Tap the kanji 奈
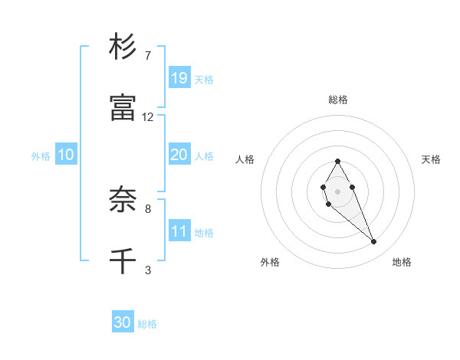[x=123, y=201]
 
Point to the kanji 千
[x=123, y=261]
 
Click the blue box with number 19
[x=179, y=77]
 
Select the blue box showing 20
[x=179, y=155]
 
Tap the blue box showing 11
[x=179, y=231]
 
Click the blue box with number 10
[x=66, y=155]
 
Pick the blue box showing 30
[x=123, y=322]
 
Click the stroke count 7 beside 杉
[x=148, y=56]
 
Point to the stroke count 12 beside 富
[x=148, y=117]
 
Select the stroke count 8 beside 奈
[x=148, y=208]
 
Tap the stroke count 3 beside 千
[x=148, y=270]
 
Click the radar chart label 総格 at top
[x=338, y=100]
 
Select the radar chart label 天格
[x=431, y=159]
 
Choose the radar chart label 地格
[x=402, y=262]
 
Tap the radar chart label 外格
[x=270, y=262]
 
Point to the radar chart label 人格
[x=245, y=159]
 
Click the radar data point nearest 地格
[x=374, y=242]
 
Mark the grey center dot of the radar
[x=337, y=190]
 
